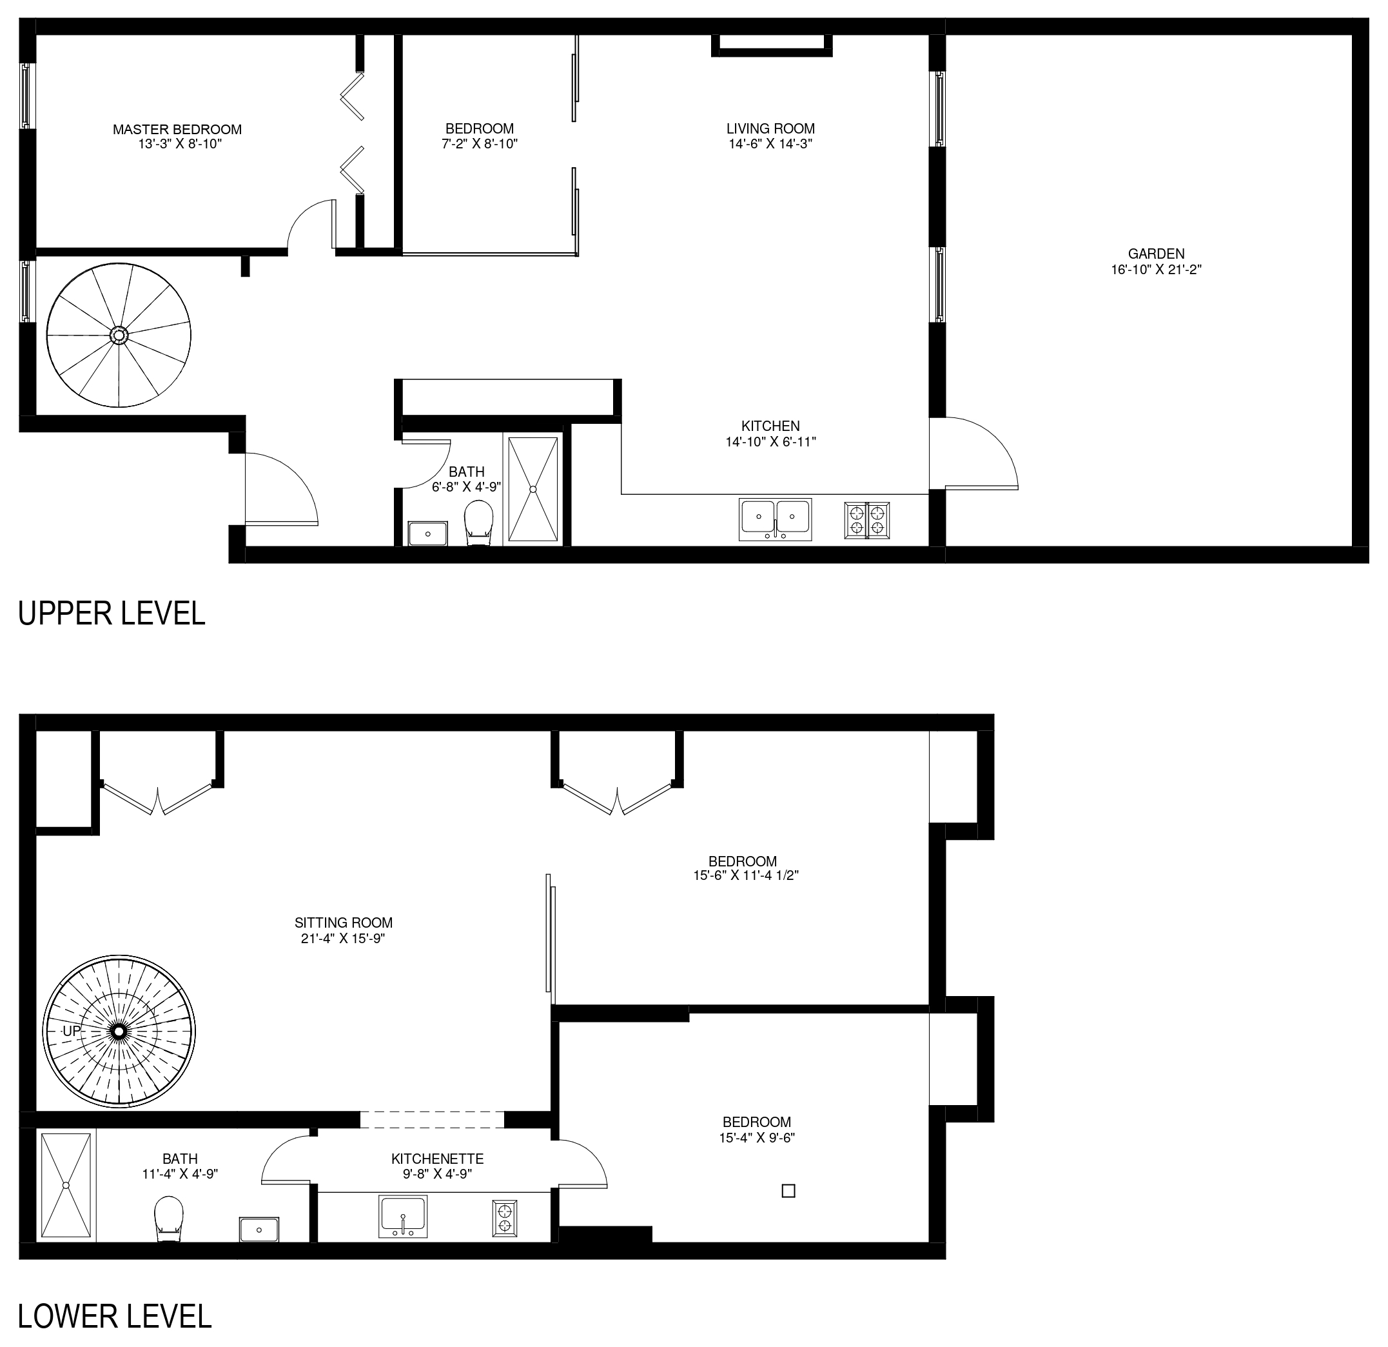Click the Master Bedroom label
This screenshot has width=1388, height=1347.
tap(177, 130)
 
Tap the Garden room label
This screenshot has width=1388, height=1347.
tap(1157, 254)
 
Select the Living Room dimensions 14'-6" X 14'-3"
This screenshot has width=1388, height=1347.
tap(770, 144)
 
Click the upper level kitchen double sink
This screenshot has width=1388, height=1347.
tap(775, 519)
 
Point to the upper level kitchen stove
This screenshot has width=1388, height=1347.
tap(867, 520)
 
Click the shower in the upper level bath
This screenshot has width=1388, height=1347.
tap(533, 490)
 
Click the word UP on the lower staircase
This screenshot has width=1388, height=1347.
tap(72, 1031)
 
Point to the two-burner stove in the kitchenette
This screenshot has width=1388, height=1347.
tap(505, 1218)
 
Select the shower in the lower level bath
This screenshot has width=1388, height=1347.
tap(66, 1184)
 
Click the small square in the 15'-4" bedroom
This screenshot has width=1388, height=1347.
tap(788, 1191)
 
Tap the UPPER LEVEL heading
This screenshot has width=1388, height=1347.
tap(111, 613)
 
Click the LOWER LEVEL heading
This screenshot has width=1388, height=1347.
tap(115, 1317)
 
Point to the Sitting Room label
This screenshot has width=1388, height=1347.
tap(344, 923)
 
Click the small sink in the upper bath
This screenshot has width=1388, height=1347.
tap(427, 533)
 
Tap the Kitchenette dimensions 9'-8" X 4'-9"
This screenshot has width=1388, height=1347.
tap(437, 1174)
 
